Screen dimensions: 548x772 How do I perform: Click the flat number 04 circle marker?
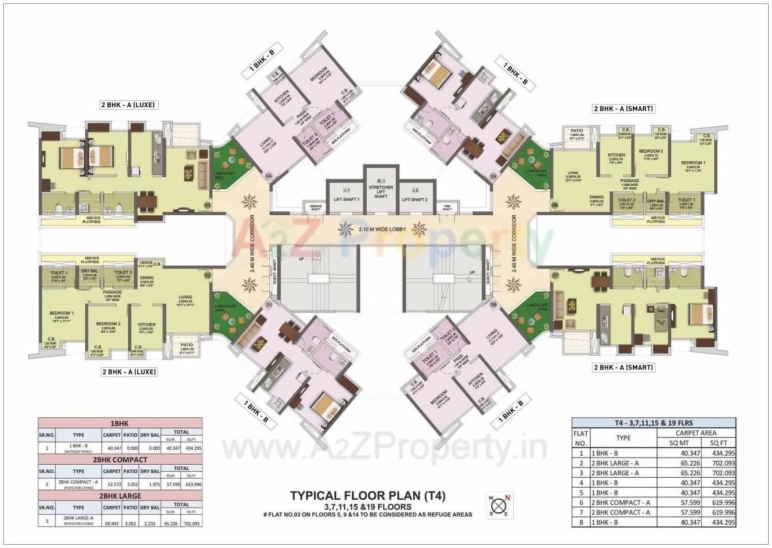click(267, 175)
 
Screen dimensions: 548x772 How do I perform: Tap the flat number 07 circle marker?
click(555, 276)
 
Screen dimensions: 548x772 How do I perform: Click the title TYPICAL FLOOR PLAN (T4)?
click(367, 496)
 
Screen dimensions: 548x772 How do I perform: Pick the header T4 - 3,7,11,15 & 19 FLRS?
click(654, 422)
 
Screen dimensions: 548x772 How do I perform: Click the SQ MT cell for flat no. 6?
click(676, 502)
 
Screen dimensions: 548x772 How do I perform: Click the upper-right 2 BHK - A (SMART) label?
click(623, 109)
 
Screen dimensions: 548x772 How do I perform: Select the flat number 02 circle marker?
click(207, 275)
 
